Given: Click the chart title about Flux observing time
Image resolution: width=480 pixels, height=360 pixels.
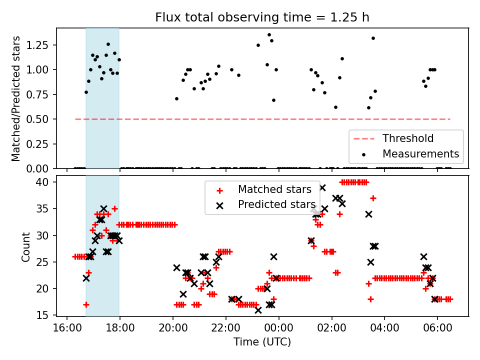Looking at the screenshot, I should point(262,17).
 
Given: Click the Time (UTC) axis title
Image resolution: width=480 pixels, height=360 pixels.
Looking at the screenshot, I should point(262,342).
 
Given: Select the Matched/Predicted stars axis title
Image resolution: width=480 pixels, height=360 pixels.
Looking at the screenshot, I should point(16,98).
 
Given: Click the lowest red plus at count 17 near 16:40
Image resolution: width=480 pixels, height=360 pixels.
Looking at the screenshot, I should point(86,304).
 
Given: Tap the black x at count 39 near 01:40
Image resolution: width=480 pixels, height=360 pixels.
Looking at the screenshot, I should point(322,187).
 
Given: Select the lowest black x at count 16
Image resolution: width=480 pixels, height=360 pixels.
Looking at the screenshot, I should point(258,310).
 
